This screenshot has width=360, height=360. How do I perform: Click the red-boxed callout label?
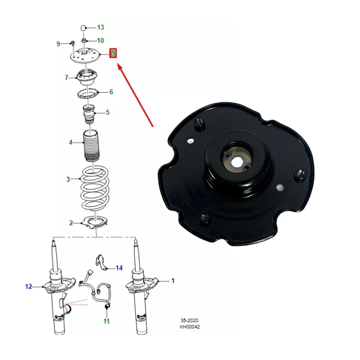(114, 54)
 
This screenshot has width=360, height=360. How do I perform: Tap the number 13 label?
(100, 27)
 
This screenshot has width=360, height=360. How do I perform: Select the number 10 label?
(100, 40)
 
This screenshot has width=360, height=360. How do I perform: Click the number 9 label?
(58, 44)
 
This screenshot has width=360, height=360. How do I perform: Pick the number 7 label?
(66, 78)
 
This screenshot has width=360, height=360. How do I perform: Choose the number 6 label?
(111, 92)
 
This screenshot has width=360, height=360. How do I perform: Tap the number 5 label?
(108, 112)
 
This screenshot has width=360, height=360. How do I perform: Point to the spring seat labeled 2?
(96, 222)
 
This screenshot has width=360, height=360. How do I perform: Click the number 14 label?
(119, 268)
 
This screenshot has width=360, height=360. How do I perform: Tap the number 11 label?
(106, 321)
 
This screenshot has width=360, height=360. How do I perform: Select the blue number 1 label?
(172, 281)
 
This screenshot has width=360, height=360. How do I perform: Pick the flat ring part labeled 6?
(88, 94)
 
